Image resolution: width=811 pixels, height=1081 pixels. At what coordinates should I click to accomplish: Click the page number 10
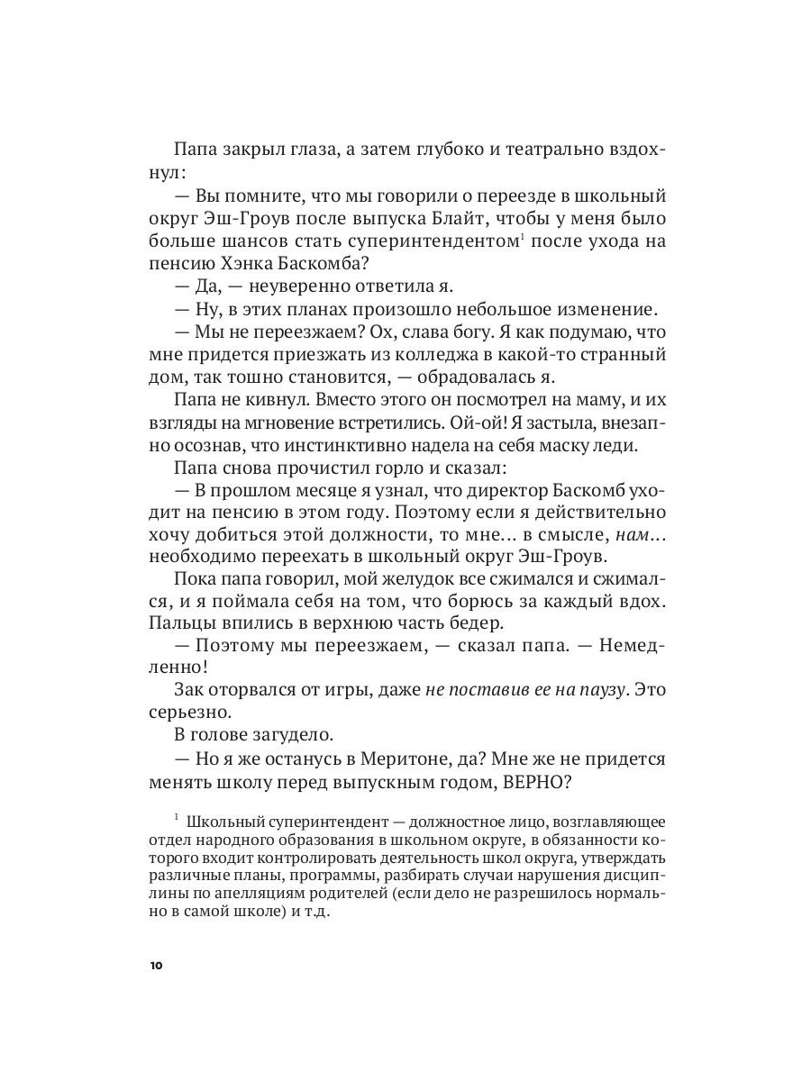[156, 966]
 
